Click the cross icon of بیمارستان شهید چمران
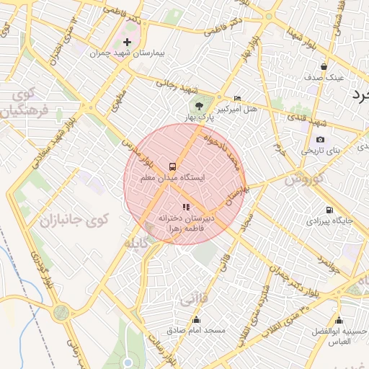point(128,43)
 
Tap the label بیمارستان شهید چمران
point(128,54)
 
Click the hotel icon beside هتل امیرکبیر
point(238,99)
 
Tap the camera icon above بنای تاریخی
point(320,139)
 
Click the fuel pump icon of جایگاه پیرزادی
point(328,210)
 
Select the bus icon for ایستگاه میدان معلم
point(172,166)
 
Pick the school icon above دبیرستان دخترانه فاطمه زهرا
point(186,207)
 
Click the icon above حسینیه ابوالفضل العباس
point(339,320)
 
